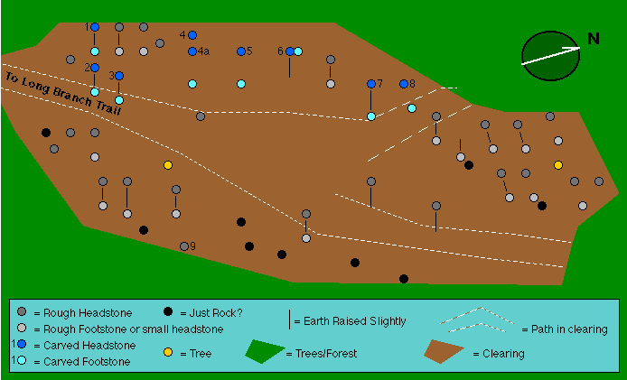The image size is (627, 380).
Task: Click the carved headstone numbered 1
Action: [95, 27]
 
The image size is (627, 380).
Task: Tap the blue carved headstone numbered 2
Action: [95, 68]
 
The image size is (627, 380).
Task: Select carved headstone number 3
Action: [119, 76]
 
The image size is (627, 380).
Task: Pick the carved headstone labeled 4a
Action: [192, 51]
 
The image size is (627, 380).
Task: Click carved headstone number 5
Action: [241, 51]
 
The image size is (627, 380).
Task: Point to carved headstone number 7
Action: [370, 84]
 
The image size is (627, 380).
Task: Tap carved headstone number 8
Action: [404, 84]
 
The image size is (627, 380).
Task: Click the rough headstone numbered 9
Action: [184, 246]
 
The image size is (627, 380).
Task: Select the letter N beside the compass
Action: [594, 38]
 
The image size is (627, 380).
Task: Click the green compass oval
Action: [550, 56]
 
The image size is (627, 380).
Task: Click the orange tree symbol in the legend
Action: [169, 353]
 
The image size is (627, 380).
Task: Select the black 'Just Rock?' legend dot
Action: [169, 312]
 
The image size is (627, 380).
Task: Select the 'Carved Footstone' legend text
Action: [82, 361]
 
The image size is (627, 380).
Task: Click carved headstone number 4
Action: [192, 35]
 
